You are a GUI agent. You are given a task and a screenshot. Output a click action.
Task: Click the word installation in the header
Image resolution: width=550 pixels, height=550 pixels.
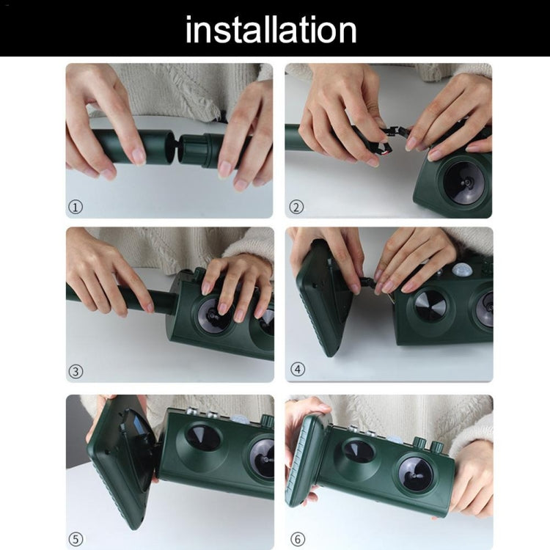click(x=271, y=29)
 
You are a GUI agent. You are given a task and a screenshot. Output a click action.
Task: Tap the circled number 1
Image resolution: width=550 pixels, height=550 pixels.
click(x=75, y=207)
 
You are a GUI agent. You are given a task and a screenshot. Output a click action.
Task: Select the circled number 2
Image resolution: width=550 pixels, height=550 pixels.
click(x=296, y=207)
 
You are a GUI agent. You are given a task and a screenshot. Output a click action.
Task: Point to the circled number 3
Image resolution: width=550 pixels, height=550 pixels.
click(x=76, y=371)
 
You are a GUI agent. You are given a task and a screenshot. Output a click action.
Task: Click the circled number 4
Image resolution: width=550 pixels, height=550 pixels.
click(x=298, y=369)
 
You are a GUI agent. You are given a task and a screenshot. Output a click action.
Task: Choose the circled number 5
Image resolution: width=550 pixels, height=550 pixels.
click(x=76, y=539)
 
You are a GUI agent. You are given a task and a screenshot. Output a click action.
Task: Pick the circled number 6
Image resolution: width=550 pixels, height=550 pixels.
click(x=298, y=539)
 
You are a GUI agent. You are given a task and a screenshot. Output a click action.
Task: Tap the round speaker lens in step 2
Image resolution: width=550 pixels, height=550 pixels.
click(x=463, y=183)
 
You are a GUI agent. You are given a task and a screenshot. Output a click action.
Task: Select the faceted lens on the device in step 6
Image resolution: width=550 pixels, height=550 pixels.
click(x=357, y=452)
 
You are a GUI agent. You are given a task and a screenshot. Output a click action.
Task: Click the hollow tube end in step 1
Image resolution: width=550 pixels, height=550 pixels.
click(x=162, y=146)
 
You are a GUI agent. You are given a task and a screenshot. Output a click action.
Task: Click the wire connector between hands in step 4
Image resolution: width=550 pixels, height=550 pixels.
click(x=367, y=282)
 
